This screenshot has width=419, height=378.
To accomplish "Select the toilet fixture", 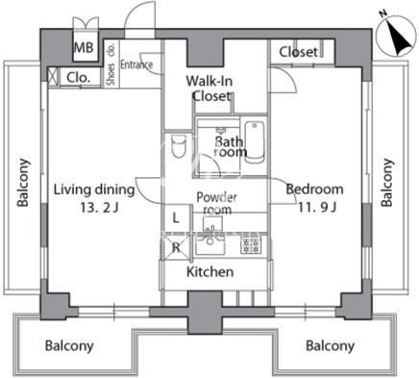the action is tap(179, 146).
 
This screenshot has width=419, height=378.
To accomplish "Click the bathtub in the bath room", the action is tap(255, 142).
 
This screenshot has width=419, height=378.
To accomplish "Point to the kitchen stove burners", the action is tap(250, 246).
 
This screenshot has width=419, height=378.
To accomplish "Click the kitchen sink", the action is tap(210, 246).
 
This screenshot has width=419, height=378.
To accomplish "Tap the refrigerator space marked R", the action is tap(176, 247).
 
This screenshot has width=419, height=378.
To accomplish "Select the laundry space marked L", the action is tap(177, 218).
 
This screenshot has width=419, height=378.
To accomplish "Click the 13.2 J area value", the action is tap(99, 208).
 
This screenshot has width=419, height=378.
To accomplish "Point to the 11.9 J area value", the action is tap(317, 208).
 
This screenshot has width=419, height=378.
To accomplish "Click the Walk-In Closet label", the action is tap(210, 88).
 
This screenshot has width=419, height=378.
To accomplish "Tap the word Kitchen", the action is tap(210, 272).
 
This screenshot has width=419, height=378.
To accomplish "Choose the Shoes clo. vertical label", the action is tap(111, 63).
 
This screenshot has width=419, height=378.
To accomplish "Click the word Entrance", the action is tap(136, 64).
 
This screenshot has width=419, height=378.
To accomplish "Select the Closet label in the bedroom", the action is tap(299, 52).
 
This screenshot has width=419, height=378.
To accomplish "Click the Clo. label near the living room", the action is tap(79, 78).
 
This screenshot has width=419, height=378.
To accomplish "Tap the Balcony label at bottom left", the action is tap(69, 346).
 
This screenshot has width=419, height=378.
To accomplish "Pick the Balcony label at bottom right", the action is tap(330, 346).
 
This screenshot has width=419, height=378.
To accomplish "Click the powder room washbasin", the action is tap(212, 223).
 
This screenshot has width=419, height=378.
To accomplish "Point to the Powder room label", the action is tap(217, 204).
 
